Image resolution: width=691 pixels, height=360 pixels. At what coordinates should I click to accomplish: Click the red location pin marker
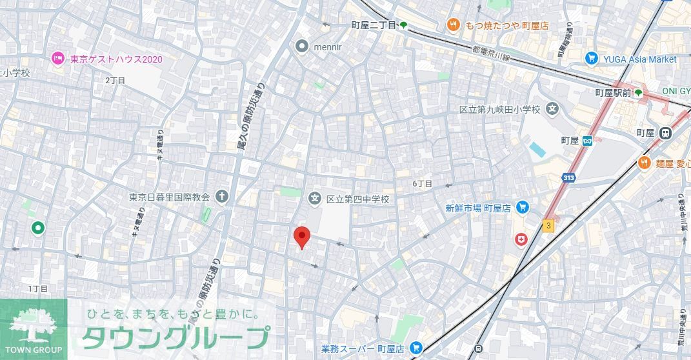point(301,237)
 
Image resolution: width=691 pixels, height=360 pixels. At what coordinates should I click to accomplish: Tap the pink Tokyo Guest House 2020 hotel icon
point(58,59)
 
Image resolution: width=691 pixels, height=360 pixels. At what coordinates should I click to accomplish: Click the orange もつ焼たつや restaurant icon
point(454,25)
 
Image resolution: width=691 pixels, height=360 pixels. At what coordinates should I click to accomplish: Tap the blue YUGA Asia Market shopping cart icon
point(591,59)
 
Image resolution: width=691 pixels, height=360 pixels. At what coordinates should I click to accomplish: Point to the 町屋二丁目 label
point(374,25)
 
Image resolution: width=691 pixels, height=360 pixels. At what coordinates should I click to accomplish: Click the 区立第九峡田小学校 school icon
point(552,109)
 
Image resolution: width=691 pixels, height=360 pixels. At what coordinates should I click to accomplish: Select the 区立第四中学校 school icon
point(315,199)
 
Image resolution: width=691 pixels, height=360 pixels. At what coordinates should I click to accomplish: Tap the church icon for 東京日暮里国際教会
point(222,196)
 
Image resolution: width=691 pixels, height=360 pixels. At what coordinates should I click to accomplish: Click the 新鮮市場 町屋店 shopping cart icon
point(523,208)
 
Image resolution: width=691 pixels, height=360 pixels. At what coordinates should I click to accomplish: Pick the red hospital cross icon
point(521,240)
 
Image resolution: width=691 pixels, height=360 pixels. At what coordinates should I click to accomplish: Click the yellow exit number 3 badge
point(548,225)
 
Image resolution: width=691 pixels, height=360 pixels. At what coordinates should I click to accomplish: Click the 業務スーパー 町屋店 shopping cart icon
point(416,348)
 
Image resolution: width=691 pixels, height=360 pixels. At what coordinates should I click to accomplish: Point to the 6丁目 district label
point(423,184)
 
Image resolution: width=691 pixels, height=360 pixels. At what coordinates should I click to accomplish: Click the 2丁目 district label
point(115,81)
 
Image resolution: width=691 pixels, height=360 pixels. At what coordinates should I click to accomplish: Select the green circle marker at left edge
point(37,227)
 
